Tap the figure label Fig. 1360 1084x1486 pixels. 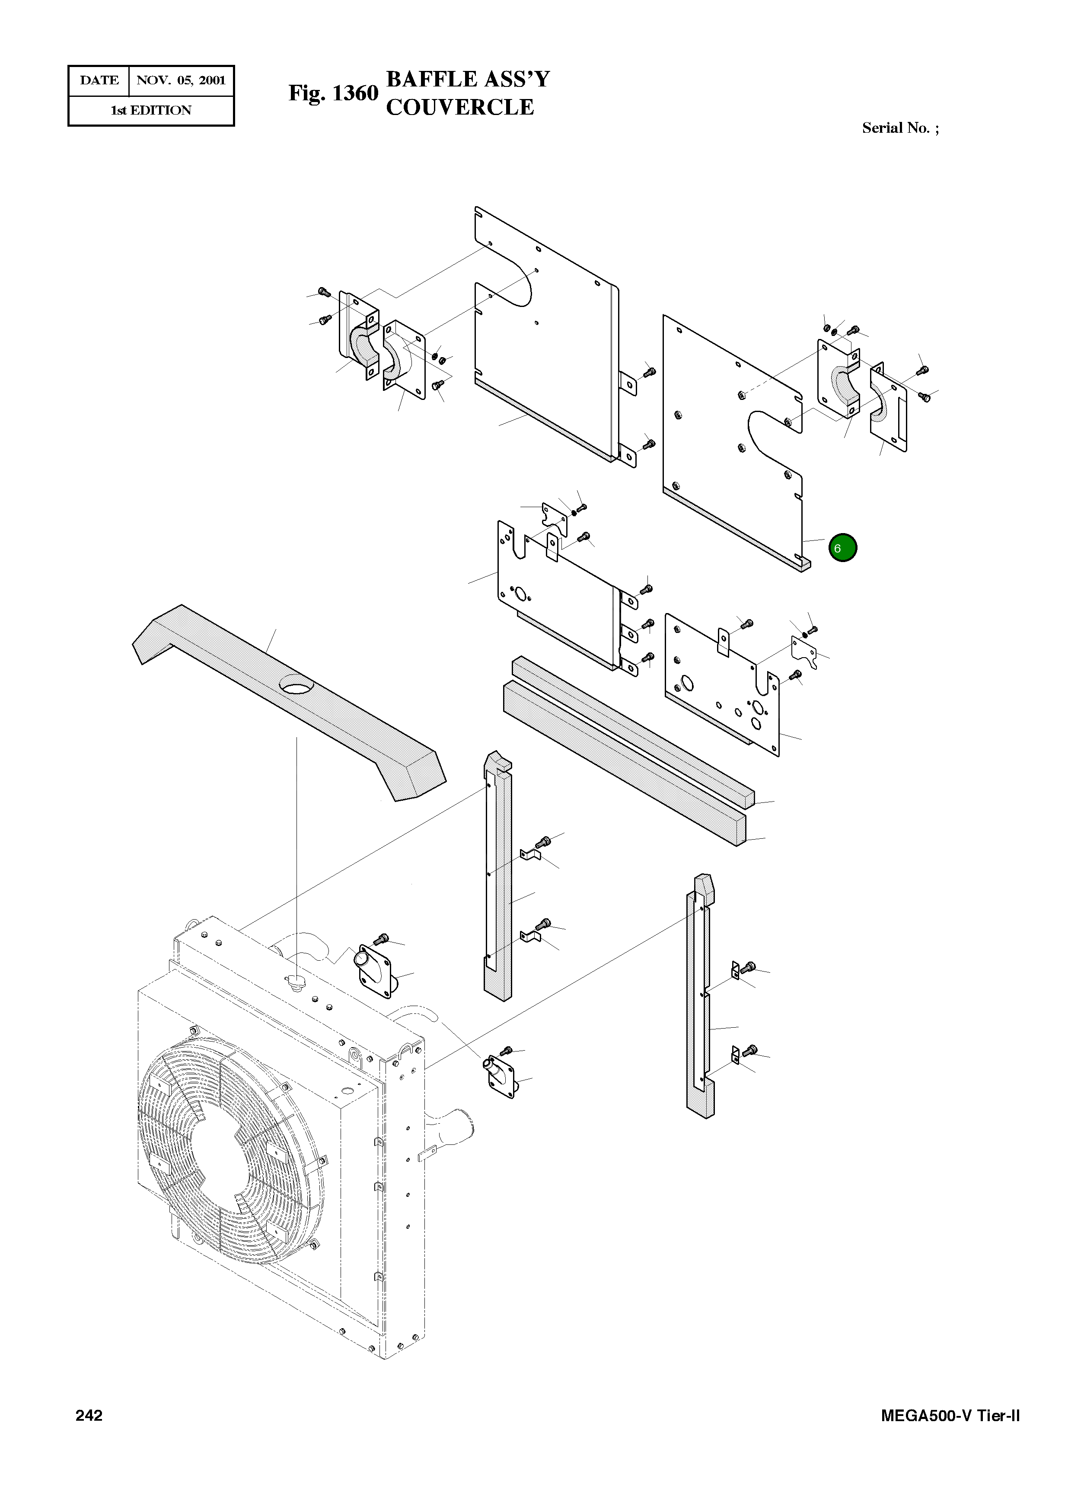pyautogui.click(x=333, y=93)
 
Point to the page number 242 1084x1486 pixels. pyautogui.click(x=89, y=1416)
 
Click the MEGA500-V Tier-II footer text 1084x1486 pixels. pyautogui.click(x=950, y=1416)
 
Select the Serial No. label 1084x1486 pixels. pyautogui.click(x=899, y=128)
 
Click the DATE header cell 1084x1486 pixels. pyautogui.click(x=99, y=81)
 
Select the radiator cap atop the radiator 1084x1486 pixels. pyautogui.click(x=297, y=981)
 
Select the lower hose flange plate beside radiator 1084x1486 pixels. pyautogui.click(x=501, y=1077)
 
